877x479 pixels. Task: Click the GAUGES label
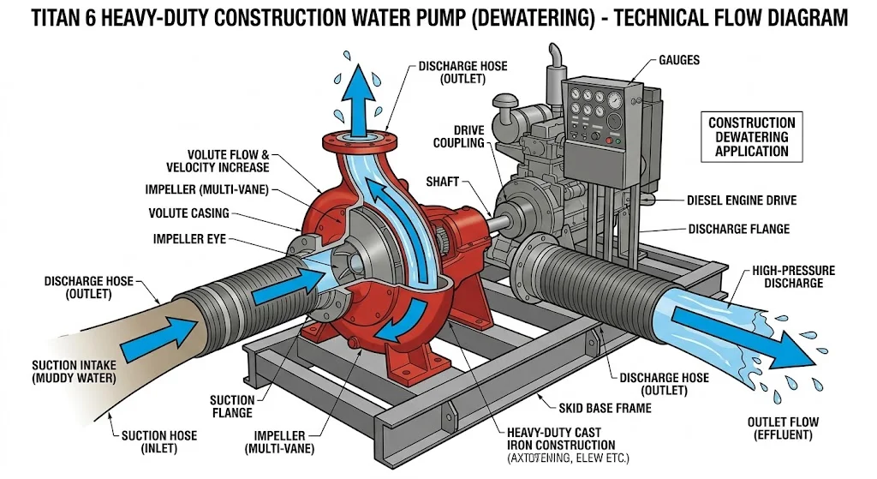click(679, 61)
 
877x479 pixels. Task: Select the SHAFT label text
click(443, 182)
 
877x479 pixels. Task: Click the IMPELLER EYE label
click(189, 239)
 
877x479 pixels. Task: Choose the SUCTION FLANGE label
click(232, 406)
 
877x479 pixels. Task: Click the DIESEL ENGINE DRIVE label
click(742, 201)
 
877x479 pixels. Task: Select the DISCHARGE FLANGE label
click(739, 229)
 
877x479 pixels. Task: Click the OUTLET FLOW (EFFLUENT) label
click(783, 428)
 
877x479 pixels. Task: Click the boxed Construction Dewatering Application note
click(751, 137)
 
